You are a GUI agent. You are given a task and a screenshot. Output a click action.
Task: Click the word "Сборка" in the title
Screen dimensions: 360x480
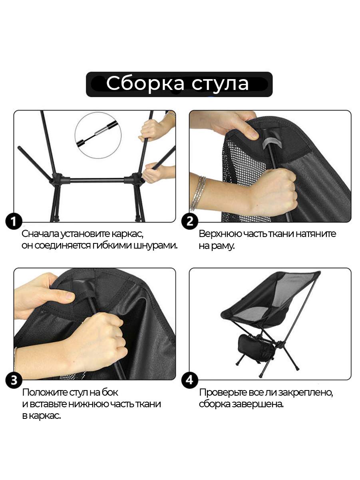point(145,83)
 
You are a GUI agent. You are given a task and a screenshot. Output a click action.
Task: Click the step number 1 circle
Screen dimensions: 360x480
point(14,221)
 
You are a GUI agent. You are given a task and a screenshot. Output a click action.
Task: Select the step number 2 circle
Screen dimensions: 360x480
point(190,221)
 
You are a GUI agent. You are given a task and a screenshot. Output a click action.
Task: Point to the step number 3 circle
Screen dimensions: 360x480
point(14,380)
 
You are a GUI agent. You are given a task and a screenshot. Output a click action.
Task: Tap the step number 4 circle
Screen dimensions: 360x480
point(190,380)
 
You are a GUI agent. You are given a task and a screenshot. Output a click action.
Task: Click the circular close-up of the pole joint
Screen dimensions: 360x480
point(98,135)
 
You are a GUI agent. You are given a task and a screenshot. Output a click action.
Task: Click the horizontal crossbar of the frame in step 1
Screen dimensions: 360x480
point(97,180)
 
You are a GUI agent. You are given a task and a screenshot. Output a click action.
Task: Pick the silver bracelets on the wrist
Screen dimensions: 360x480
point(198,193)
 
